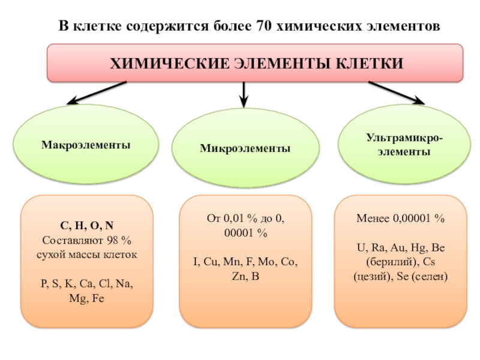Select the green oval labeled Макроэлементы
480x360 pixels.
tap(86, 145)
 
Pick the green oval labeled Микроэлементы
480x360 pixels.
tap(245, 148)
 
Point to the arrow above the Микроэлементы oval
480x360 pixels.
tap(244, 92)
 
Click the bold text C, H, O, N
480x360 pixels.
tap(86, 226)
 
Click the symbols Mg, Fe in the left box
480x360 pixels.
tap(87, 298)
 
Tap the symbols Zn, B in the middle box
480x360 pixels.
tap(246, 277)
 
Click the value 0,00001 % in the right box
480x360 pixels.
tap(419, 219)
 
